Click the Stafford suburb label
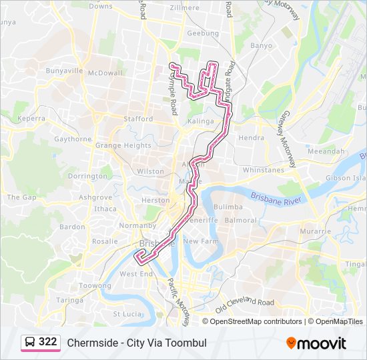pyautogui.click(x=138, y=119)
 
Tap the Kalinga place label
pyautogui.click(x=200, y=121)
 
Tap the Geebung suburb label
pyautogui.click(x=203, y=33)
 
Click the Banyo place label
pyautogui.click(x=261, y=46)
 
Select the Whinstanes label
pyautogui.click(x=263, y=171)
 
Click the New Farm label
pyautogui.click(x=201, y=241)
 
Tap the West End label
pyautogui.click(x=136, y=274)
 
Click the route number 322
pyautogui.click(x=47, y=342)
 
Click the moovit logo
pyautogui.click(x=316, y=343)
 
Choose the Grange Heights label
pyautogui.click(x=123, y=145)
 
